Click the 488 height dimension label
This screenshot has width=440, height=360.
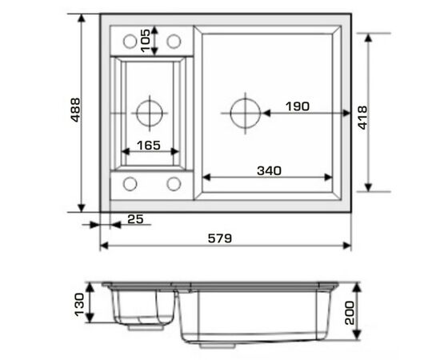pyautogui.click(x=75, y=110)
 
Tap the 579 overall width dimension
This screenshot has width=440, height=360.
pyautogui.click(x=220, y=238)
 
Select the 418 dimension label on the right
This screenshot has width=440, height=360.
pyautogui.click(x=362, y=118)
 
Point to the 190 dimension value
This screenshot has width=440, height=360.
pyautogui.click(x=298, y=106)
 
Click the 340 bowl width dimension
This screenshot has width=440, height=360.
pyautogui.click(x=269, y=170)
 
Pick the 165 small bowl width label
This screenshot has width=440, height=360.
pyautogui.click(x=149, y=146)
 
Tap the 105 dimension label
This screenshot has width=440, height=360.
pyautogui.click(x=146, y=41)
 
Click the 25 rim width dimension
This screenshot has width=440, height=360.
pyautogui.click(x=135, y=219)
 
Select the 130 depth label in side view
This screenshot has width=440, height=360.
pyautogui.click(x=79, y=305)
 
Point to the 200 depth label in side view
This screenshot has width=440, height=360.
pyautogui.click(x=350, y=313)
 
